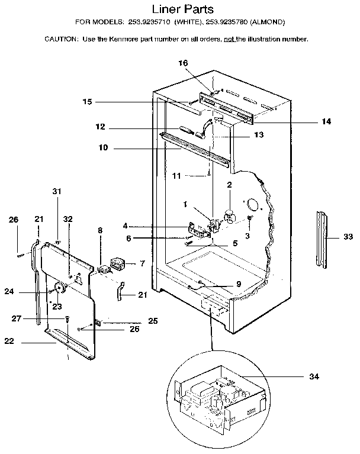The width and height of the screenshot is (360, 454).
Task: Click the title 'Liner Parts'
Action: [x=183, y=9]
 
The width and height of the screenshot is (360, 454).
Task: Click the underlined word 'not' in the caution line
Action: [x=229, y=39]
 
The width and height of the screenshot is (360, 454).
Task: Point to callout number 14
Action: [x=326, y=121]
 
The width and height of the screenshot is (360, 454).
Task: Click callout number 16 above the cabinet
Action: [x=183, y=63]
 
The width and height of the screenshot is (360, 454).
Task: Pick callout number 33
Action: [x=348, y=237]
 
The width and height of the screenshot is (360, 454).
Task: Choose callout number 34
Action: [x=314, y=376]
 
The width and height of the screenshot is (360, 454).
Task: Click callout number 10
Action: [x=103, y=147]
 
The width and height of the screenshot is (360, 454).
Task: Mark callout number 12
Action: [x=100, y=127]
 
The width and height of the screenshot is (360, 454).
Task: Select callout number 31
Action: [x=57, y=191]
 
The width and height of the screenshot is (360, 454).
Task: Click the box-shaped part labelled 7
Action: [x=117, y=264]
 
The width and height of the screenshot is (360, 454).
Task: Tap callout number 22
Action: [x=9, y=341]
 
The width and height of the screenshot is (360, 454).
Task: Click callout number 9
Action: [x=239, y=284]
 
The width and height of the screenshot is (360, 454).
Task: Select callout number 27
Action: [x=16, y=318]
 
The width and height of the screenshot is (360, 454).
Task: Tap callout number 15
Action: [x=87, y=102]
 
